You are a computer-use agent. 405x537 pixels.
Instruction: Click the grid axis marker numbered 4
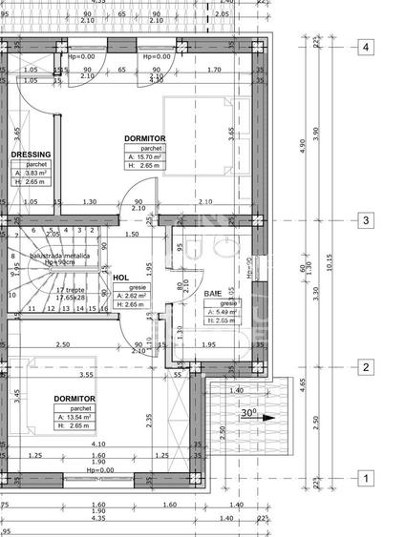tap(365, 46)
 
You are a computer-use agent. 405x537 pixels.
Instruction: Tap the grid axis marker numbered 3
tap(365, 220)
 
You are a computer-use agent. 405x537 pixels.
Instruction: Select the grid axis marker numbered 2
tap(365, 367)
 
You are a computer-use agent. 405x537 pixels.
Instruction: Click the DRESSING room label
tap(30, 154)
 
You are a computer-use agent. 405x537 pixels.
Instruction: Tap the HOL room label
tap(121, 279)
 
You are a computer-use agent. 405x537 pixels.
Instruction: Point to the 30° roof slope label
tap(247, 414)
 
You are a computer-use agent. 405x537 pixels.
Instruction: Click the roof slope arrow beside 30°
tap(268, 417)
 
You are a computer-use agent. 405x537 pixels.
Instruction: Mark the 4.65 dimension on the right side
tap(303, 382)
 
